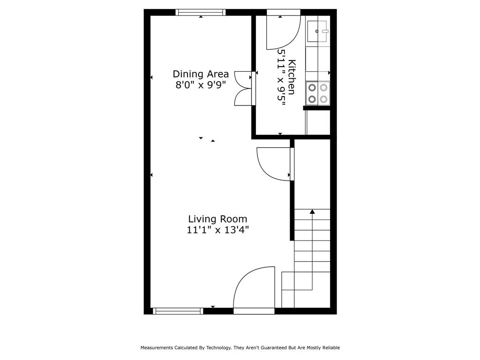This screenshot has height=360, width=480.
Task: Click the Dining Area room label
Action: click(x=201, y=74)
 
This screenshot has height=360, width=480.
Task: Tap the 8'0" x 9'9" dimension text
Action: click(x=201, y=84)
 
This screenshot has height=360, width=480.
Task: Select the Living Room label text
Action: click(x=217, y=219)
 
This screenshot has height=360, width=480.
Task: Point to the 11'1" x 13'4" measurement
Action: click(x=217, y=230)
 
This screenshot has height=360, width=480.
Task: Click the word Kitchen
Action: click(x=292, y=77)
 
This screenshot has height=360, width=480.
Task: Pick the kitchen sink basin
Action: click(x=317, y=31)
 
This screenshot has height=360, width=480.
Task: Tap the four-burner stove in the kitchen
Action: click(x=318, y=93)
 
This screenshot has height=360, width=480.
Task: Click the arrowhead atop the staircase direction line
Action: click(x=312, y=211)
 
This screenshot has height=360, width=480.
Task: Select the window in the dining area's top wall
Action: click(x=201, y=12)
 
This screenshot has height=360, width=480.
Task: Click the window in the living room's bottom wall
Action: click(x=178, y=311)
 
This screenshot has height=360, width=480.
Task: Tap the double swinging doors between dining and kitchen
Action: click(x=244, y=89)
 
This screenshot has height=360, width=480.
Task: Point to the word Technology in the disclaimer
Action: click(x=218, y=348)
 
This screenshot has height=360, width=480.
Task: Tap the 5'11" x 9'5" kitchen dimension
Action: click(x=282, y=77)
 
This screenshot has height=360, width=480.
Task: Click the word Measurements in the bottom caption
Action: click(x=157, y=348)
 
